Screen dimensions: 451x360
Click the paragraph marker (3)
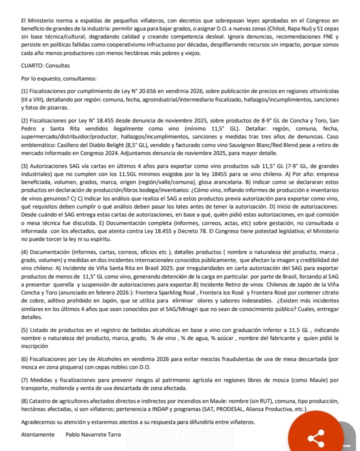pos(25,165)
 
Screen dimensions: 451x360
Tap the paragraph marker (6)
pos(25,359)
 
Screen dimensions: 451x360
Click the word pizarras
pos(56,107)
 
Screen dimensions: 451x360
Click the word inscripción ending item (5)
pos(35,345)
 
